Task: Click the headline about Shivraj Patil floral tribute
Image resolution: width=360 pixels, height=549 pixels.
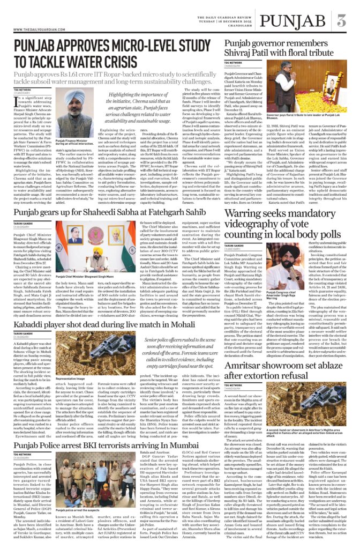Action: (284, 49)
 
